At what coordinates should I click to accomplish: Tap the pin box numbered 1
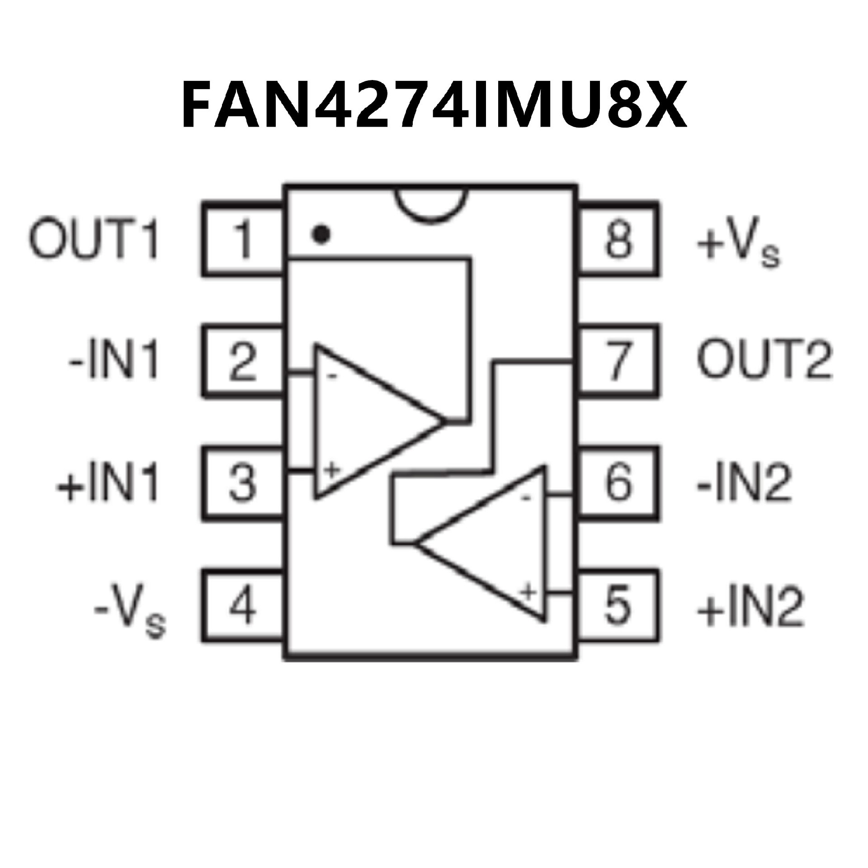click(x=243, y=238)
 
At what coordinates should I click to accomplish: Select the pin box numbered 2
click(x=243, y=361)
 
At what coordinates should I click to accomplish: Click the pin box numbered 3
click(x=243, y=483)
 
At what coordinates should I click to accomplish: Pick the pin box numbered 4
click(x=243, y=606)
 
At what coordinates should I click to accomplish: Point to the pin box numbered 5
click(x=618, y=605)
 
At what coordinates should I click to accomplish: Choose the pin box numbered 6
click(x=618, y=483)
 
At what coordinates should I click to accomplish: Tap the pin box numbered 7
click(x=618, y=361)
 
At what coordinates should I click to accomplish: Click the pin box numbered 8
click(x=618, y=238)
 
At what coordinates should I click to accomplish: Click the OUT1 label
click(x=94, y=238)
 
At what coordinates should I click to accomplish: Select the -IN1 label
click(x=114, y=361)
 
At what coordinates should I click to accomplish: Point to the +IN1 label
click(x=108, y=483)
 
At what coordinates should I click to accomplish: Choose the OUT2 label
click(x=764, y=361)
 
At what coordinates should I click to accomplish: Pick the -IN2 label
click(x=744, y=483)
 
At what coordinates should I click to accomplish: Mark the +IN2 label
click(x=750, y=606)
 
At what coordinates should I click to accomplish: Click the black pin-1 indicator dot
click(x=321, y=234)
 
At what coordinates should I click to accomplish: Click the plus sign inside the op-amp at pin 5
click(x=528, y=591)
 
